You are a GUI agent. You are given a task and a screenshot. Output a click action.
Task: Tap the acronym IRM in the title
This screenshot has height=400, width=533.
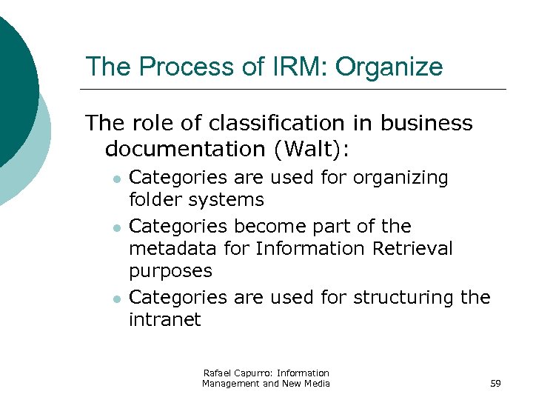[x=304, y=67]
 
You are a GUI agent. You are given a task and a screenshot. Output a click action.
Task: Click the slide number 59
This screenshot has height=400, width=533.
[x=496, y=383]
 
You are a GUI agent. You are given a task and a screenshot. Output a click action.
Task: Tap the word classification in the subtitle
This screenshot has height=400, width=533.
[x=273, y=123]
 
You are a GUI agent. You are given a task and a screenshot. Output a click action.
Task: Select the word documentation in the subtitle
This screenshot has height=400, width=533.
[x=186, y=149]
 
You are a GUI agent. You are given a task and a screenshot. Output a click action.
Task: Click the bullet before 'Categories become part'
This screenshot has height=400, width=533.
[x=115, y=227]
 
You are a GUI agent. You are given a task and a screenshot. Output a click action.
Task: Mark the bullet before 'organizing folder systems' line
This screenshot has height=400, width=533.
[x=115, y=179]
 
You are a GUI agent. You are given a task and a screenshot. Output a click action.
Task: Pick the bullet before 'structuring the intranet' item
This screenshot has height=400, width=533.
[x=115, y=299]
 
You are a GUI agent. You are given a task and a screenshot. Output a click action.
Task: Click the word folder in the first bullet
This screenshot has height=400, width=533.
[x=155, y=200]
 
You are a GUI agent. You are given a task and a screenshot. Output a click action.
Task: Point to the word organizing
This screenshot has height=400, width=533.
[x=400, y=179]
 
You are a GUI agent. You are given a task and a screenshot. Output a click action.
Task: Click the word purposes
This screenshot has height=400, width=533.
[x=170, y=272]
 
